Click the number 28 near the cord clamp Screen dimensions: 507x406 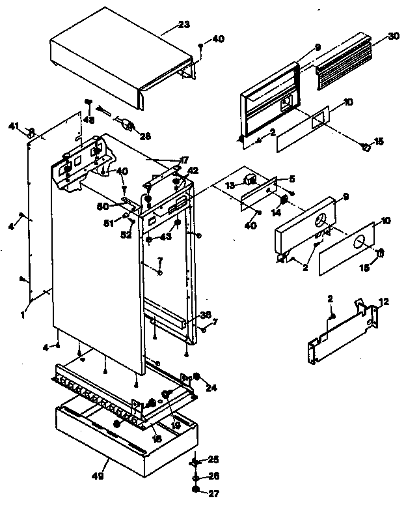(x=144, y=136)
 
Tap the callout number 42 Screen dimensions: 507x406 (x=193, y=171)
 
